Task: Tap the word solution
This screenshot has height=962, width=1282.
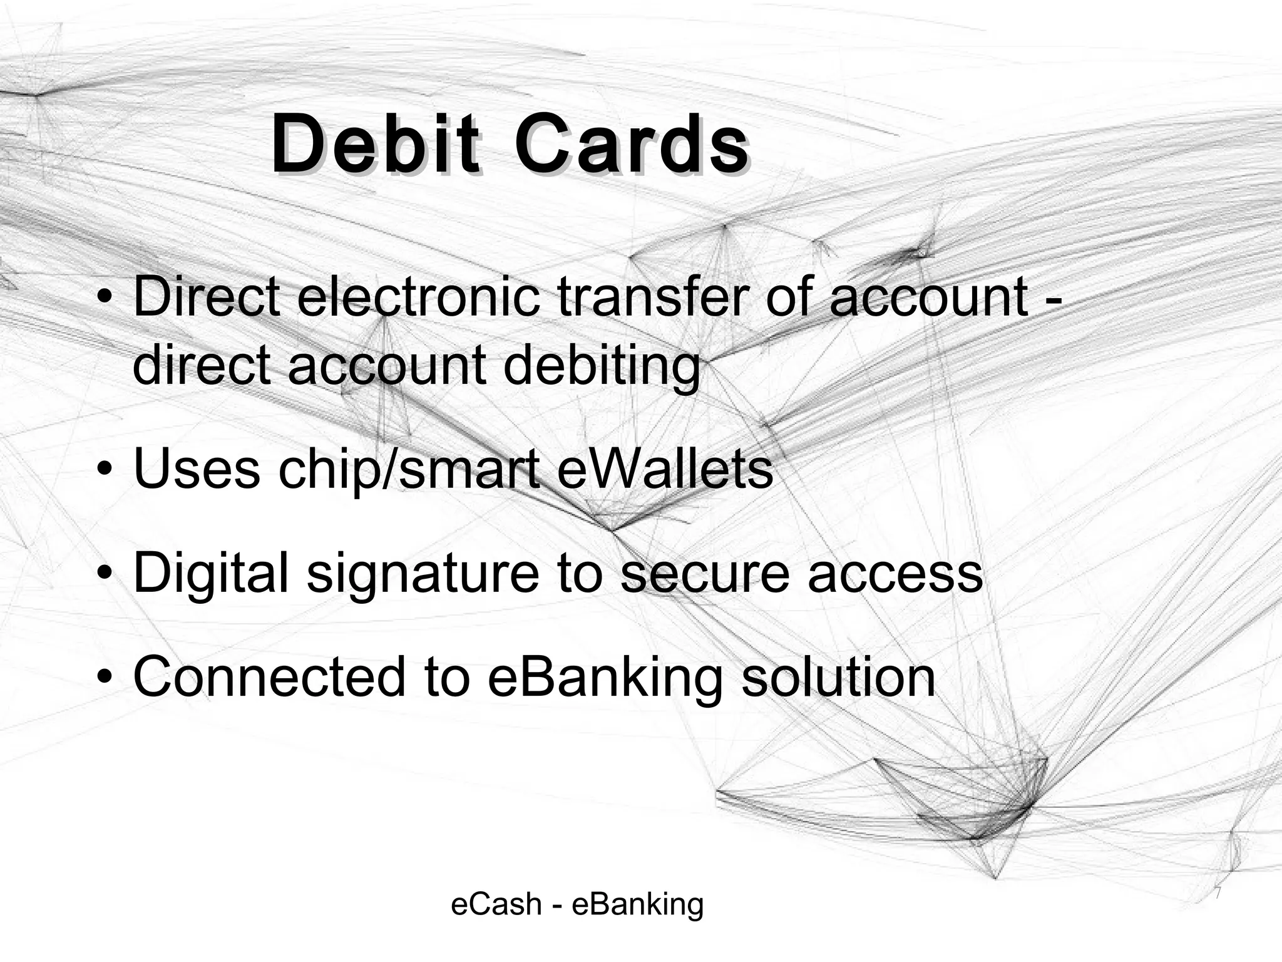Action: tap(838, 677)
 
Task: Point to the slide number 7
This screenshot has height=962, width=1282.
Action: tap(1218, 893)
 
